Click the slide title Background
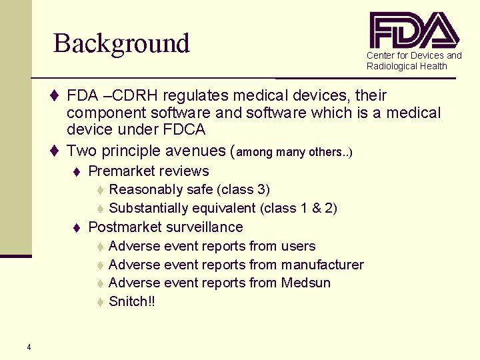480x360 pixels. (121, 43)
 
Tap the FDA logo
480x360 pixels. (414, 31)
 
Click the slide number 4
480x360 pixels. (29, 347)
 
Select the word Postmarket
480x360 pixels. (121, 227)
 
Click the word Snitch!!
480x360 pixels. (131, 302)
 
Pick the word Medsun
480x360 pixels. (305, 283)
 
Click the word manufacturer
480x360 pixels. (322, 265)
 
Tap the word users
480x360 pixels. (298, 246)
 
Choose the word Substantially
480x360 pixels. (149, 209)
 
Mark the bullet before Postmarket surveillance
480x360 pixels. (77, 228)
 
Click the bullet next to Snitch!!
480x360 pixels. (98, 303)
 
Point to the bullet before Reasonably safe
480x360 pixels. (98, 191)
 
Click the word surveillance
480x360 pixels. (203, 227)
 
